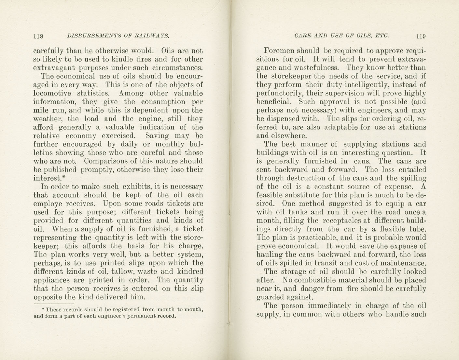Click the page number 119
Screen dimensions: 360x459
pyautogui.click(x=421, y=36)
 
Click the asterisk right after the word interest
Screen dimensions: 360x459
pyautogui.click(x=63, y=177)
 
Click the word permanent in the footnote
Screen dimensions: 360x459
pyautogui.click(x=144, y=316)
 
